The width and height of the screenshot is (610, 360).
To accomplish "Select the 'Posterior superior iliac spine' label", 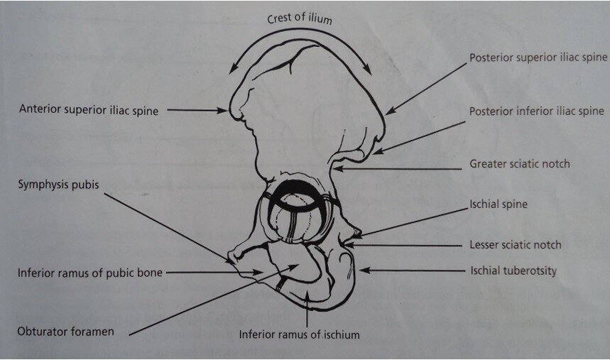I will (538, 58).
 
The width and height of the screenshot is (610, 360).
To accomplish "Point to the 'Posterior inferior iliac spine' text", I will (536, 111).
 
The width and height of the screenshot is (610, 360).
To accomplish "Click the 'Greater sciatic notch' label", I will (520, 164).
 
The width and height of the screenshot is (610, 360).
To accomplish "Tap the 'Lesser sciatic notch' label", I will (516, 245).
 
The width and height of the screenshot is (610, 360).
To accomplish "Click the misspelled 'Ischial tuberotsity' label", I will (513, 271).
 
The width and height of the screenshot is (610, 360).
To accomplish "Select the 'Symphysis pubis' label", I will (58, 184).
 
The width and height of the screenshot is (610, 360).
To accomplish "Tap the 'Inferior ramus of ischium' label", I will (300, 334).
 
